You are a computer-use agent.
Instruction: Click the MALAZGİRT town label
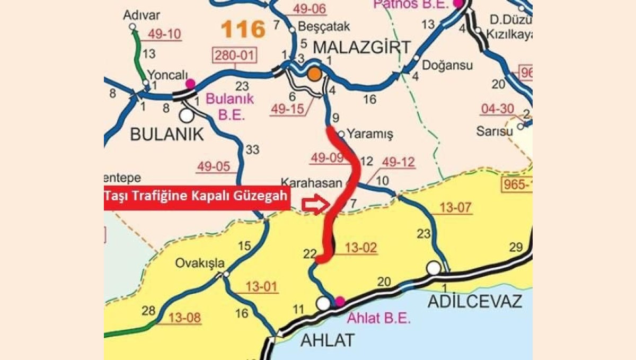[362, 47]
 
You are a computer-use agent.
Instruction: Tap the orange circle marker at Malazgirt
[315, 74]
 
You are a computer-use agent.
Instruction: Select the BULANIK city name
[167, 135]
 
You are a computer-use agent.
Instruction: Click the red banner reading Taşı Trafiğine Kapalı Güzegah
[197, 197]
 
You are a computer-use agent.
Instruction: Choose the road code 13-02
[360, 248]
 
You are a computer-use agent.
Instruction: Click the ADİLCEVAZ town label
[474, 301]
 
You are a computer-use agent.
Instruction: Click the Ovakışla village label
[200, 263]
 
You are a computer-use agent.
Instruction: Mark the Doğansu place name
[447, 65]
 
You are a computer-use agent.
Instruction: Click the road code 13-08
[185, 318]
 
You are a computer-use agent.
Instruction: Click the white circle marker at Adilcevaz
[434, 268]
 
